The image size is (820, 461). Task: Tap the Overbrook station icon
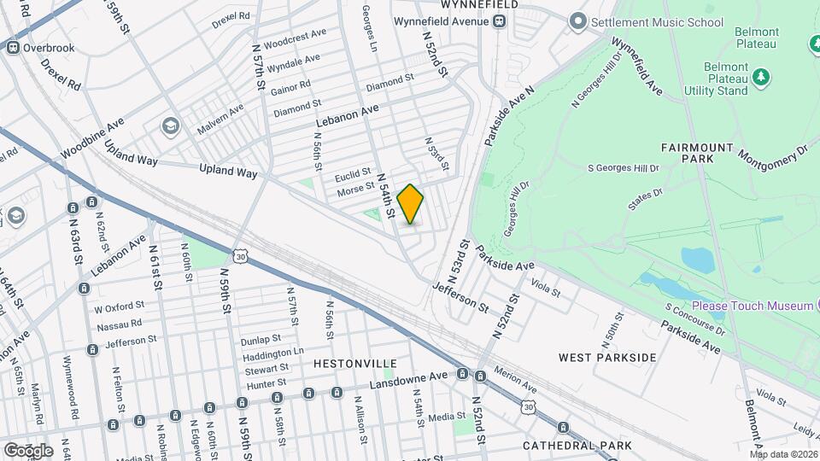coord(13,47)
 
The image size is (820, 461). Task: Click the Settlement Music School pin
coord(579,20)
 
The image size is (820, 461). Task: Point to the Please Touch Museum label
coord(752,306)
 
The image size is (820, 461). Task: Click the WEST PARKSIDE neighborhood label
coord(607,356)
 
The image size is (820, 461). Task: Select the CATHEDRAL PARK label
coord(577,445)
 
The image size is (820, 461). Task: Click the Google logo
coord(28,450)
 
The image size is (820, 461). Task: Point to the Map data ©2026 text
coord(783,453)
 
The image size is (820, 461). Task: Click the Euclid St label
coord(354,176)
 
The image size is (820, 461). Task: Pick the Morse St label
coord(356,189)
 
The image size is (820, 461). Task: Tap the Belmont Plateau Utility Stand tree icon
coord(759,79)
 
